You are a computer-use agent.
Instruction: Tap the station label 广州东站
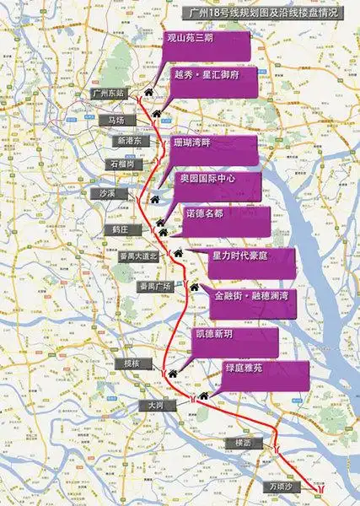109,93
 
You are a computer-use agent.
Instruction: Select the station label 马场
116,121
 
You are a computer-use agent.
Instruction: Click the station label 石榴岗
120,163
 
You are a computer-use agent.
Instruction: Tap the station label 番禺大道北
137,255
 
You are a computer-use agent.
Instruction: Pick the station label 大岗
153,405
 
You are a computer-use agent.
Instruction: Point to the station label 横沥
245,441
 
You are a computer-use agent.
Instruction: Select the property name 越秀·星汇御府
206,74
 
